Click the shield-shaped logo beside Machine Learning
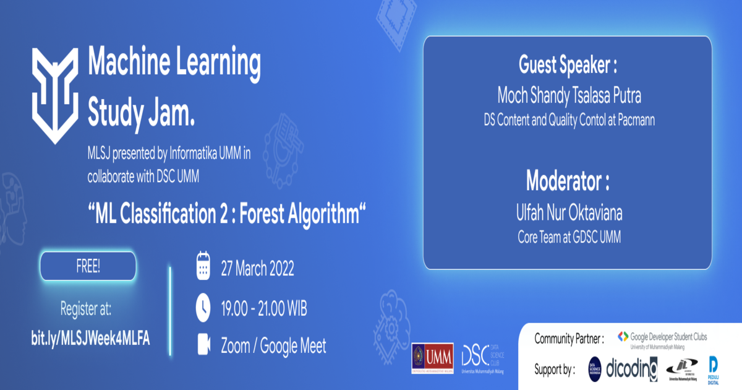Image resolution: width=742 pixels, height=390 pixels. click(55, 93)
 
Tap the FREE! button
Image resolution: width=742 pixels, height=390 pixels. click(88, 267)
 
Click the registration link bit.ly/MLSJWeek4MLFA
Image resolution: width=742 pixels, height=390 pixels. click(90, 338)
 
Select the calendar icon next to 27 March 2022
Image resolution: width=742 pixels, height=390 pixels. click(203, 267)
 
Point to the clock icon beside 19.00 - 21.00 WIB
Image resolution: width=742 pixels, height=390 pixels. click(203, 306)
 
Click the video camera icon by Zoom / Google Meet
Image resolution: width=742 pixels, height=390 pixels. click(203, 345)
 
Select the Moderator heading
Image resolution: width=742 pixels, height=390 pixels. click(568, 181)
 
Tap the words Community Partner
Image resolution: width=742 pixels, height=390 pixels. click(568, 339)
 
